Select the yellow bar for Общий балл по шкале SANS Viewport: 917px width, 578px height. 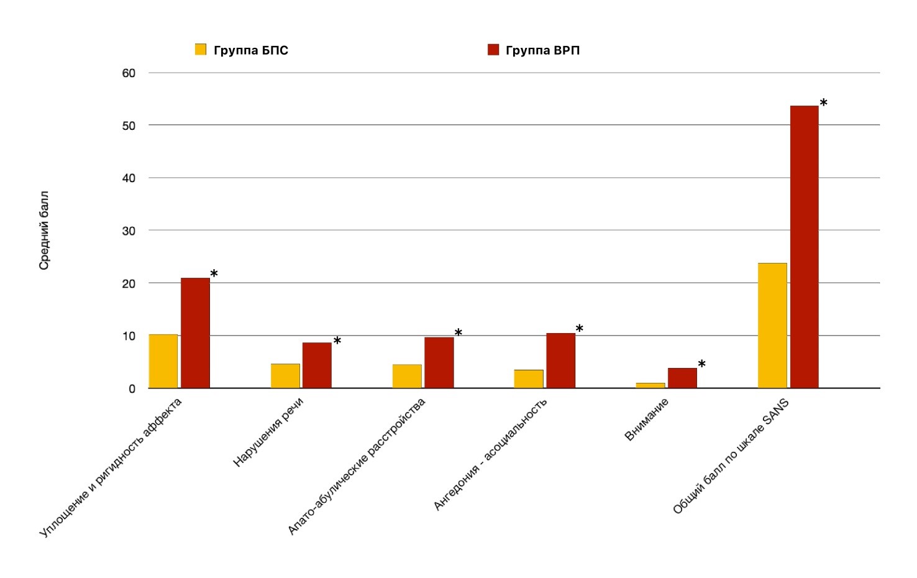(772, 326)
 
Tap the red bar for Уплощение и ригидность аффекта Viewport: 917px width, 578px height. (195, 333)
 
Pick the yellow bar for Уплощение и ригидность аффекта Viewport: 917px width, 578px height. (163, 361)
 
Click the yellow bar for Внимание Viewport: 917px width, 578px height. (650, 385)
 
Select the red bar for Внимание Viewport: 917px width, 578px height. (682, 378)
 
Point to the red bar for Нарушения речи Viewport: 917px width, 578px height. (317, 365)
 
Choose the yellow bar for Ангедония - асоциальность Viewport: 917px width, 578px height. (529, 379)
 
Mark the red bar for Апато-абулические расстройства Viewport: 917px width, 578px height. (439, 363)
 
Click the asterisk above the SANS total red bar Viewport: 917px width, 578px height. (823, 103)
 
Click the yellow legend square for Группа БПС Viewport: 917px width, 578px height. (201, 50)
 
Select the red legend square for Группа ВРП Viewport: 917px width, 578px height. (493, 50)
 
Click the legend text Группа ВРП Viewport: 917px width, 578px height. (542, 50)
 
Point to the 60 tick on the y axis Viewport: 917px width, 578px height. (129, 73)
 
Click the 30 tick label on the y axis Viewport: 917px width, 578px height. (129, 231)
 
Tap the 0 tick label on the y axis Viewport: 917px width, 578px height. (132, 389)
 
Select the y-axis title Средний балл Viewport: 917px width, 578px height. (43, 231)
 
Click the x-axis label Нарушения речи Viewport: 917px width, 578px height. (268, 432)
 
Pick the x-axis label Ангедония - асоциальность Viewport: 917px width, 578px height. (490, 454)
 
